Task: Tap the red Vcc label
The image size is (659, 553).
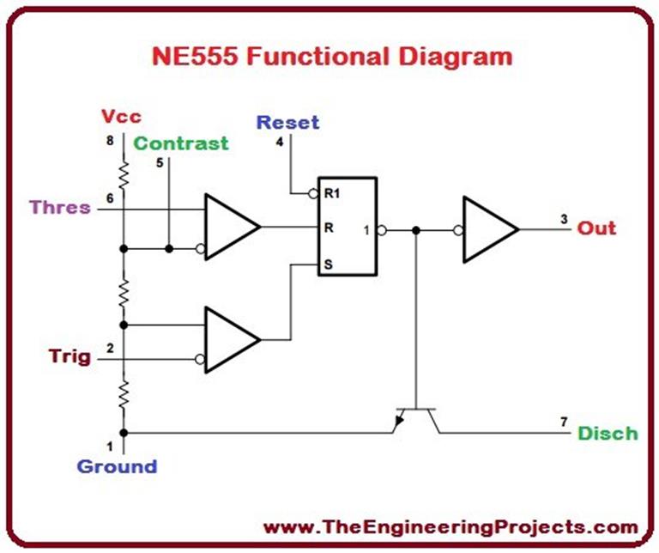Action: coord(120,117)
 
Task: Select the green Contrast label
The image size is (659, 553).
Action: coord(181,143)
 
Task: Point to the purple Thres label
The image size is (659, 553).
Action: coord(59,207)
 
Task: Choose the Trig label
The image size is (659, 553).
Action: coord(69,356)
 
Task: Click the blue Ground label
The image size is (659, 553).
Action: coord(117,467)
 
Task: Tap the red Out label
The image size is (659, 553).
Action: coord(596,228)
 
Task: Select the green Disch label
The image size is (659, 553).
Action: coord(607,433)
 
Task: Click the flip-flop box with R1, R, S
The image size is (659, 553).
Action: coord(348,227)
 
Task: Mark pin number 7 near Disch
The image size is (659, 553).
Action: coord(564,421)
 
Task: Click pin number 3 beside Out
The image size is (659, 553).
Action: coord(564,219)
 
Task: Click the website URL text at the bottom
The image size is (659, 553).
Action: coord(450,526)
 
